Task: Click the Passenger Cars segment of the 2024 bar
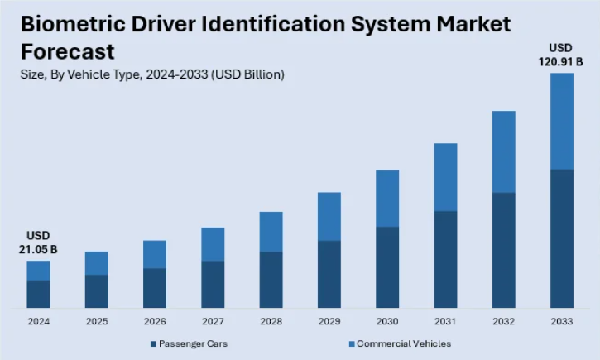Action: point(38,294)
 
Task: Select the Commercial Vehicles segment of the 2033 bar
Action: point(562,121)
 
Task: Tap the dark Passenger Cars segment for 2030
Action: point(387,267)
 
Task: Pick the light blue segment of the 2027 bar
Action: point(213,244)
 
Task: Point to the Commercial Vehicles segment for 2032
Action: point(504,151)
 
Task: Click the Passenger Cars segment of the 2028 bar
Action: point(271,280)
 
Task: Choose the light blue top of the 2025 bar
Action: point(96,263)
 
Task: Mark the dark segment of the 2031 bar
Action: point(445,259)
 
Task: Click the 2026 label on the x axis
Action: point(155,321)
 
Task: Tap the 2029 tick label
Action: point(329,321)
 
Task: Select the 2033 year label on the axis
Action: point(562,321)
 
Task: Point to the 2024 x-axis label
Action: point(38,321)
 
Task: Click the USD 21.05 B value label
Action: point(37,242)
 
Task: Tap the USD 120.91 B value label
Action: point(562,55)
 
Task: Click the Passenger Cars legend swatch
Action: point(153,343)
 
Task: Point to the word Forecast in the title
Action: point(67,51)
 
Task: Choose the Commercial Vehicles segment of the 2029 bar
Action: point(329,216)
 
